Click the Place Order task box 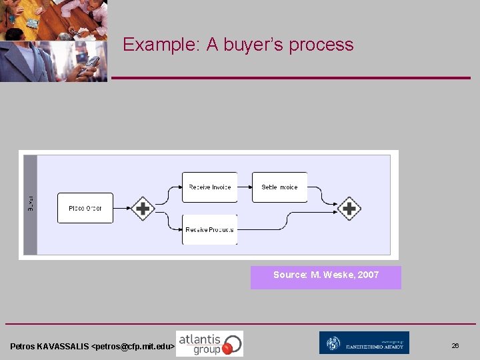[85, 208]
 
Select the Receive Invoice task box [209, 187]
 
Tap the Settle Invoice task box [279, 187]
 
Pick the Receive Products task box [209, 229]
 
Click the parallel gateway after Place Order [142, 209]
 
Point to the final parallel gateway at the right [349, 209]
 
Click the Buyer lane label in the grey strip [31, 203]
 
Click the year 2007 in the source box [368, 275]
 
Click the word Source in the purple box [289, 275]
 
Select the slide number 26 [455, 346]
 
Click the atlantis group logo [209, 343]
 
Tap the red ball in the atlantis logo [227, 348]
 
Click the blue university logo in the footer [364, 343]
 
